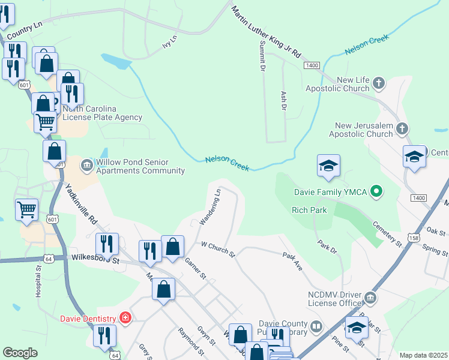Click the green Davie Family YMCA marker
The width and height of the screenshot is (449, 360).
point(376,192)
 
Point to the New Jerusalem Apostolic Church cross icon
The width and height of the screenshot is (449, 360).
point(402,128)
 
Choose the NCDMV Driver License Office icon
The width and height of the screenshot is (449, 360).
point(370,297)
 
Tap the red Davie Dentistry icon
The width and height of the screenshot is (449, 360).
point(125,317)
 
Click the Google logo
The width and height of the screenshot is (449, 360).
point(20,353)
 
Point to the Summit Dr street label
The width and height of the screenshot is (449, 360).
point(262,57)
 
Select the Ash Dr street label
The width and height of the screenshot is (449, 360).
point(283,100)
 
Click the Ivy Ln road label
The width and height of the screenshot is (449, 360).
point(170,41)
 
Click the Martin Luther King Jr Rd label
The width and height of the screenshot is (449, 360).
point(266,29)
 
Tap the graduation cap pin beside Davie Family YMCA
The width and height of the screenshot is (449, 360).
point(328,166)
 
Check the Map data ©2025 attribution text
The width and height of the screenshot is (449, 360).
point(423,355)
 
